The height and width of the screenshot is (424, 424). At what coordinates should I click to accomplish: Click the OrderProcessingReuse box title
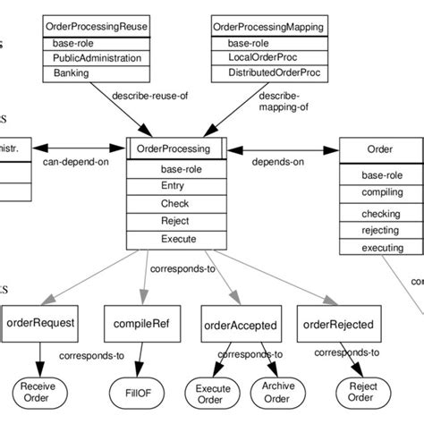click(x=97, y=26)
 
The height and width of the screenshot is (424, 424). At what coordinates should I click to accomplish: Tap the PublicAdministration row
click(x=97, y=58)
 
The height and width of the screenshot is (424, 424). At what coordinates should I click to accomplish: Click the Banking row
click(x=97, y=73)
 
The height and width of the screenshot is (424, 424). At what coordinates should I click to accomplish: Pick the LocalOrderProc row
click(x=263, y=57)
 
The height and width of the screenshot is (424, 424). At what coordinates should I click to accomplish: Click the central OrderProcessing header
click(x=175, y=149)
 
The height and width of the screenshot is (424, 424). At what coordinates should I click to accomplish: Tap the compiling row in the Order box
click(x=382, y=192)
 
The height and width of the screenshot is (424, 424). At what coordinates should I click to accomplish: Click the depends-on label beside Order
click(x=276, y=162)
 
